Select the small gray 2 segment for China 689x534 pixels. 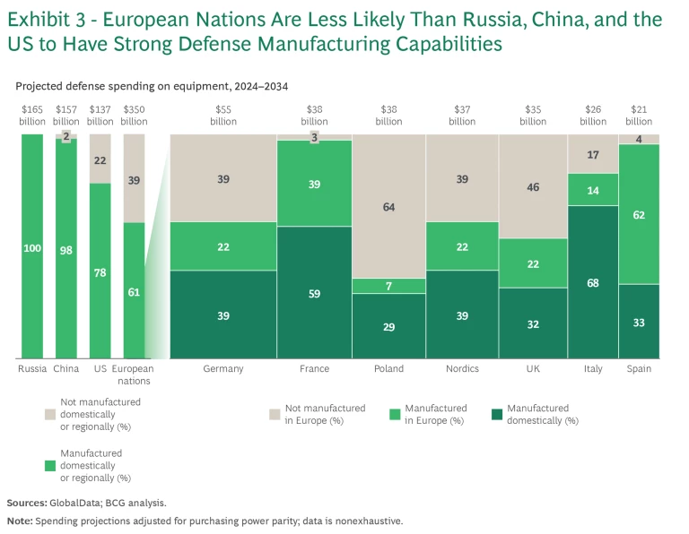pos(65,136)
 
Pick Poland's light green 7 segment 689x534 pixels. pos(388,286)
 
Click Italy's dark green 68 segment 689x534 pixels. pos(592,282)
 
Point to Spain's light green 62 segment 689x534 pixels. pos(639,214)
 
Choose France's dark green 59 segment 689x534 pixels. pos(314,292)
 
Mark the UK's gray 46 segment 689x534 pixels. pos(533,186)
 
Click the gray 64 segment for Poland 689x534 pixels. pos(388,206)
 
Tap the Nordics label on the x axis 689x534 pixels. pos(462,368)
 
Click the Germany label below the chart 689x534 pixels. pos(223,368)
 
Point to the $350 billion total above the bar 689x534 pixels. pos(135,115)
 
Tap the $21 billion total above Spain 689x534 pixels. pos(639,115)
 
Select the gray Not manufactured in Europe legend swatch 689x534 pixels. pos(275,414)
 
